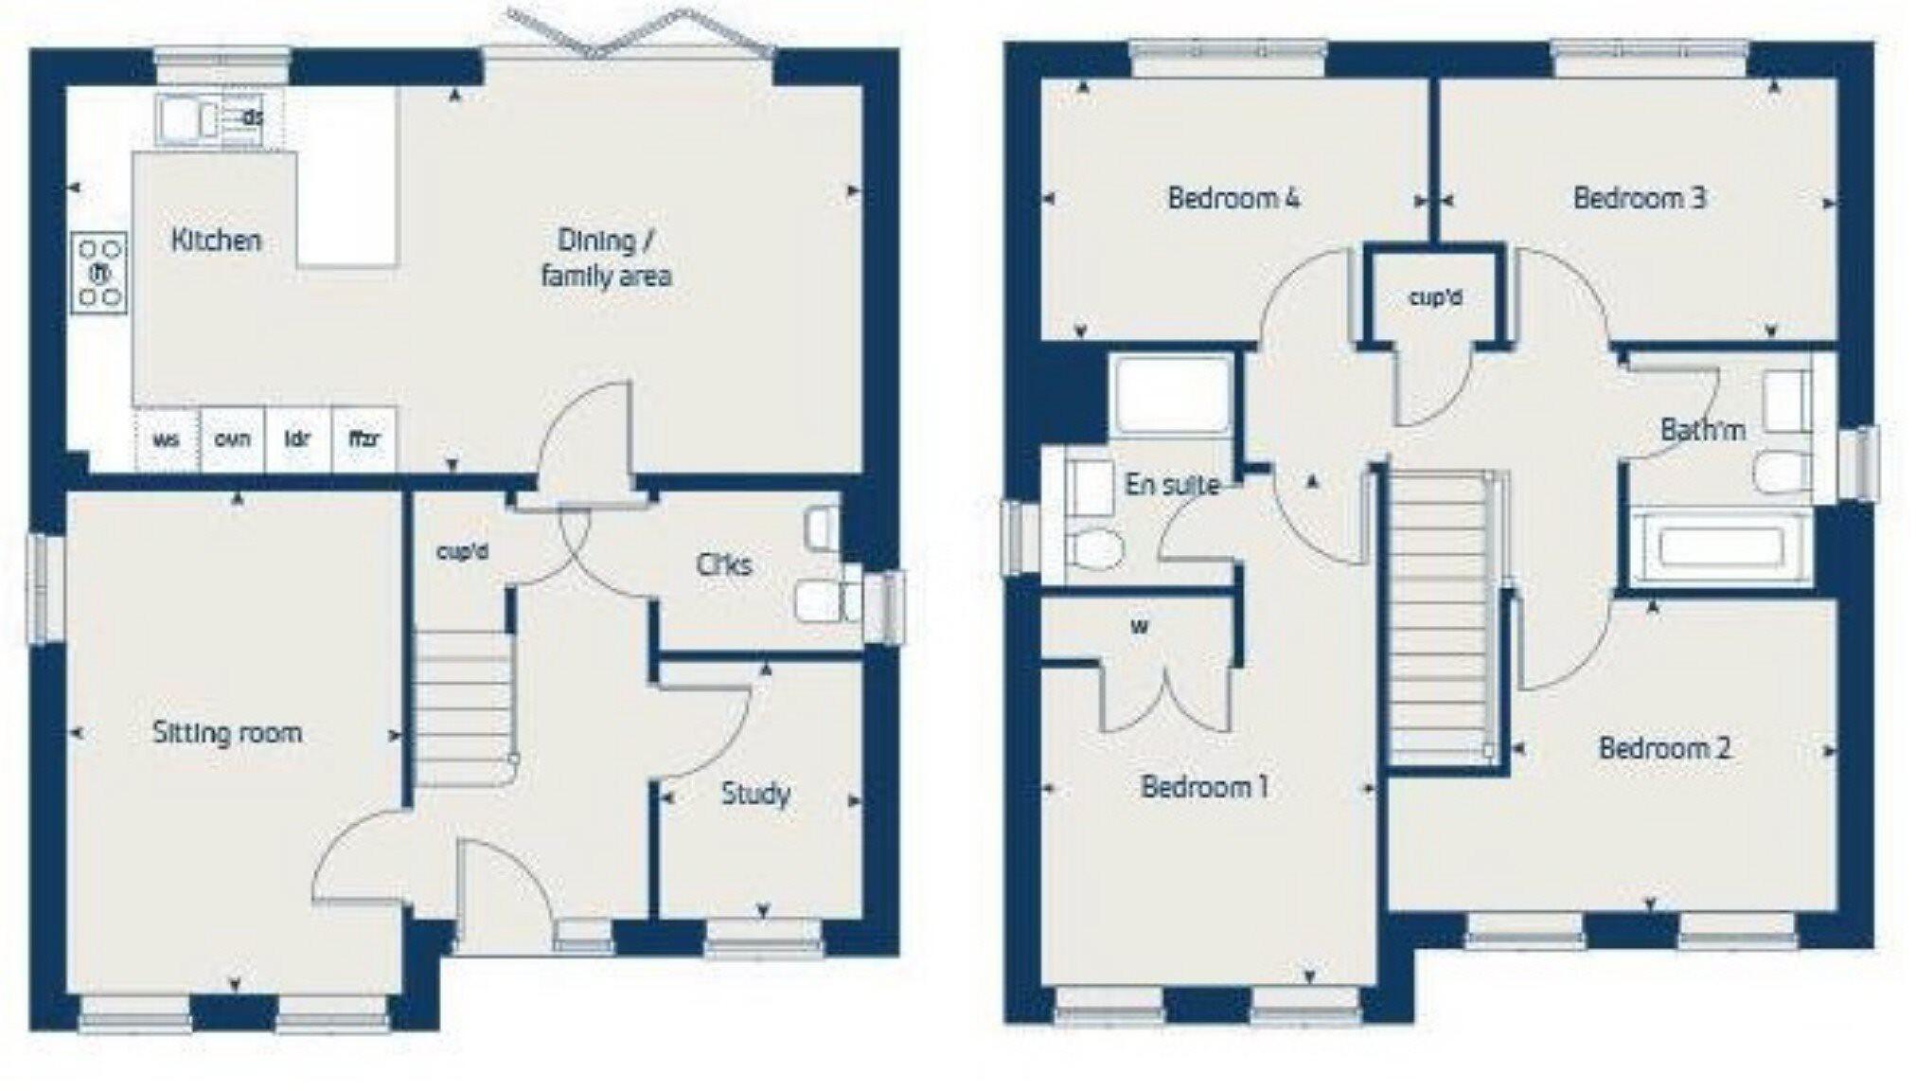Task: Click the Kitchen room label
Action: point(216,241)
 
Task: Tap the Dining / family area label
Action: point(606,258)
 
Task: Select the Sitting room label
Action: point(227,733)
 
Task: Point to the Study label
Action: point(755,794)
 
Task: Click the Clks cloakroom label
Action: point(724,565)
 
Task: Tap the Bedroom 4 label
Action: point(1233,199)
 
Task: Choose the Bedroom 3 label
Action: point(1640,199)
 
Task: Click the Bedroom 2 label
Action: point(1665,749)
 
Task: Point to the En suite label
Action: point(1172,485)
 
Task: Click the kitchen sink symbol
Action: point(181,120)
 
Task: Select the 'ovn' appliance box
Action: point(232,439)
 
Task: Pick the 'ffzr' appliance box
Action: point(364,439)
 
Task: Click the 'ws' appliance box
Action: point(167,439)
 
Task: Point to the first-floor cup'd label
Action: point(1435,298)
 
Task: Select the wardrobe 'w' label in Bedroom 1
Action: point(1140,627)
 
